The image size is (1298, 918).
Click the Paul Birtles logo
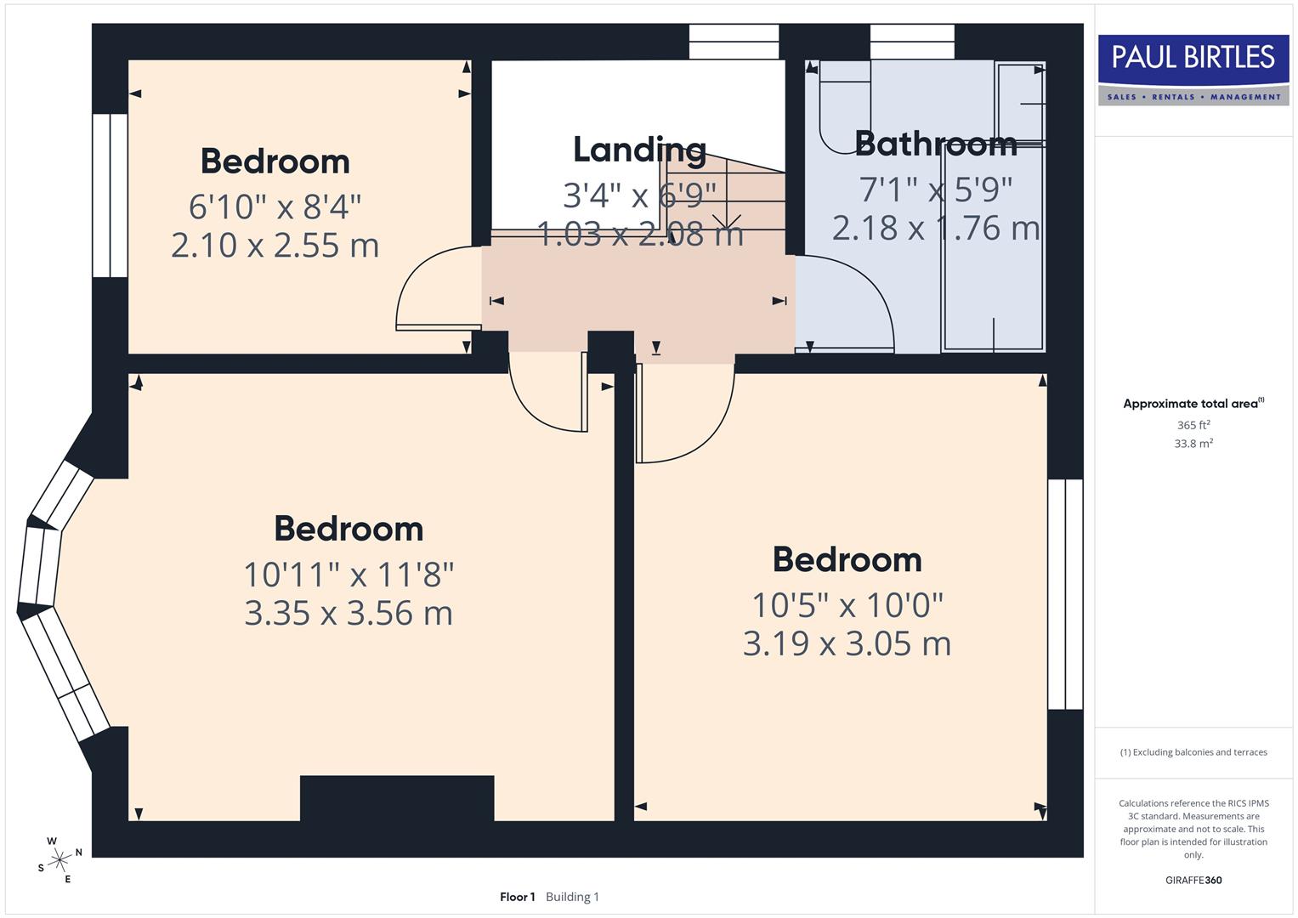pyautogui.click(x=1193, y=70)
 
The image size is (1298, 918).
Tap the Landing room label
pyautogui.click(x=639, y=150)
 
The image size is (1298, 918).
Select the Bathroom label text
pyautogui.click(x=935, y=144)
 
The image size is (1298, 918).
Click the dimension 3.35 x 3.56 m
pyautogui.click(x=349, y=613)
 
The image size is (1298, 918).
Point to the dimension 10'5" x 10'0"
pyautogui.click(x=847, y=606)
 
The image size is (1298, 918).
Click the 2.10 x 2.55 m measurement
pyautogui.click(x=275, y=246)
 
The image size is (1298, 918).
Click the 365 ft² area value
pyautogui.click(x=1193, y=425)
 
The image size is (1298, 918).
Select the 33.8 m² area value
pyautogui.click(x=1193, y=444)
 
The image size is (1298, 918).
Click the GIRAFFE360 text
pyautogui.click(x=1193, y=880)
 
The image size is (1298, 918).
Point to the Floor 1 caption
pyautogui.click(x=518, y=897)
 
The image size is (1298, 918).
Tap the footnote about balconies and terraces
pyautogui.click(x=1193, y=752)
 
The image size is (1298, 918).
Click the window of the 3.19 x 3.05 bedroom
pyautogui.click(x=1064, y=594)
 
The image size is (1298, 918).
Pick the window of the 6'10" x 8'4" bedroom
pyautogui.click(x=110, y=195)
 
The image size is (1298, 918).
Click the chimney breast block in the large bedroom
pyautogui.click(x=397, y=798)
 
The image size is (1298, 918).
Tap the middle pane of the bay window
pyautogui.click(x=38, y=567)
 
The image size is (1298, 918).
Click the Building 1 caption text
pyautogui.click(x=572, y=897)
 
